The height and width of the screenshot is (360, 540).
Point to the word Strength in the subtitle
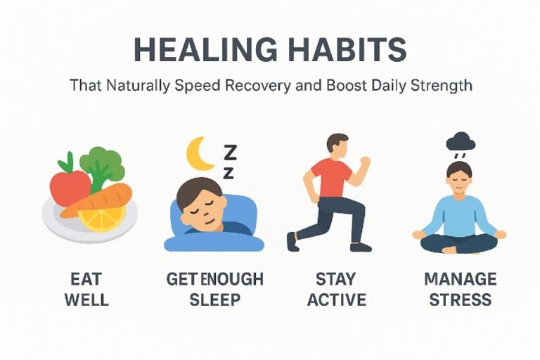(440, 87)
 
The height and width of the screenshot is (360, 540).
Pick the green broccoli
(101, 164)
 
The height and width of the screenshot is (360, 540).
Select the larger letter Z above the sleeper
(230, 150)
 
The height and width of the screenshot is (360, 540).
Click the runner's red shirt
(331, 178)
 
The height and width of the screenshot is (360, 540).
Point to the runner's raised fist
(364, 161)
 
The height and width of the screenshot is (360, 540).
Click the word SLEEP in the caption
(214, 300)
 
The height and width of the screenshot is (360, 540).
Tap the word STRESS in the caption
(461, 300)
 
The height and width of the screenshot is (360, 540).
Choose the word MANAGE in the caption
(461, 279)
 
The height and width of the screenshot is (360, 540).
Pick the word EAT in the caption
(86, 279)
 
